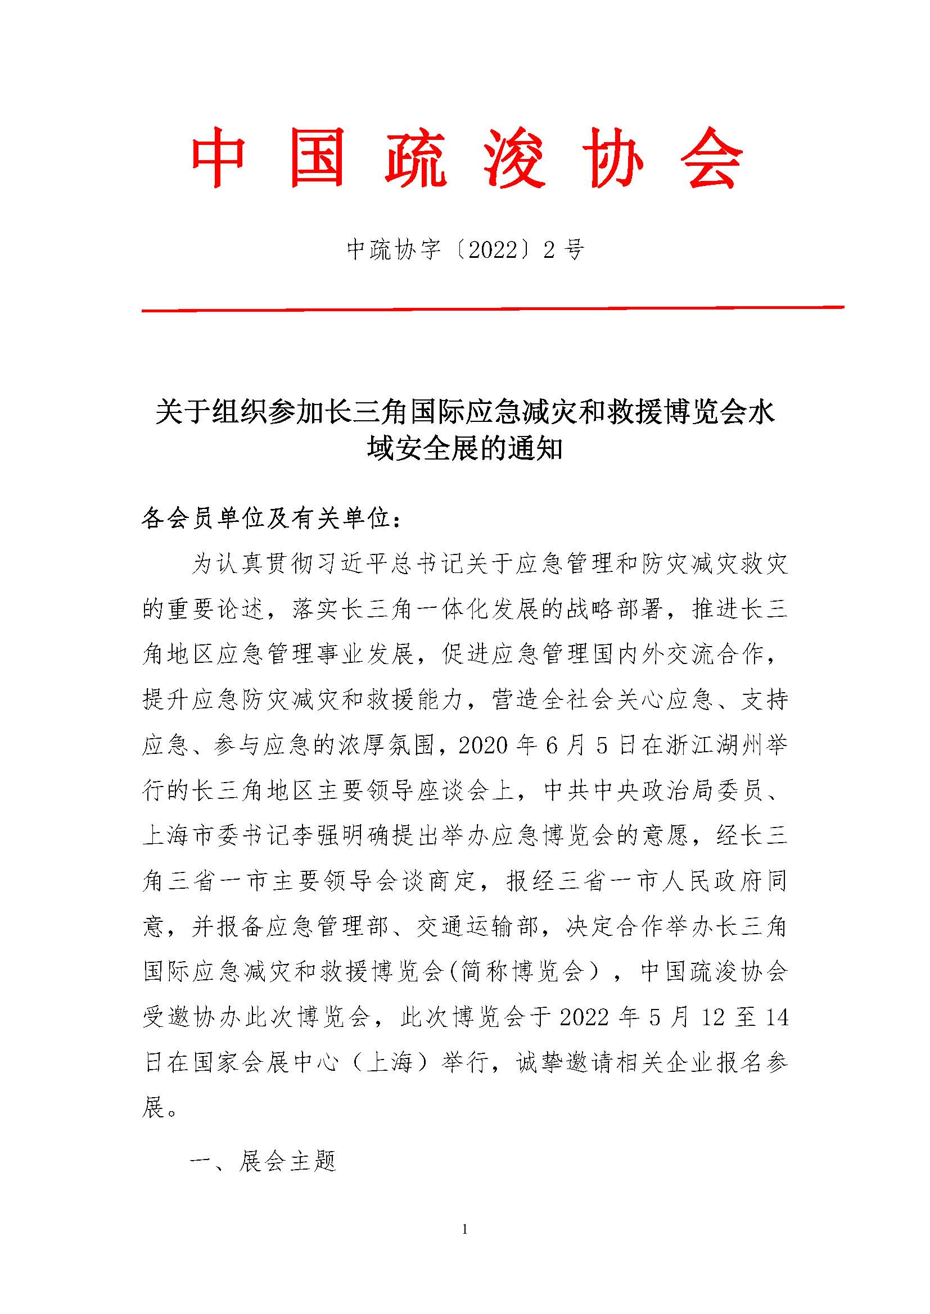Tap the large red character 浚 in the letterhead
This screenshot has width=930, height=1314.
(x=514, y=157)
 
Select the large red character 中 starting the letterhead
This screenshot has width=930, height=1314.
(x=219, y=157)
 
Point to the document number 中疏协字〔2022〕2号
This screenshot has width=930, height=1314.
(x=464, y=250)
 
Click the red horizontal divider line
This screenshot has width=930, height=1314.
(x=493, y=310)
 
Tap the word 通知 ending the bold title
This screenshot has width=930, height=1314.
(x=538, y=449)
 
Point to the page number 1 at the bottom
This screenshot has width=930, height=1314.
(x=464, y=1228)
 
